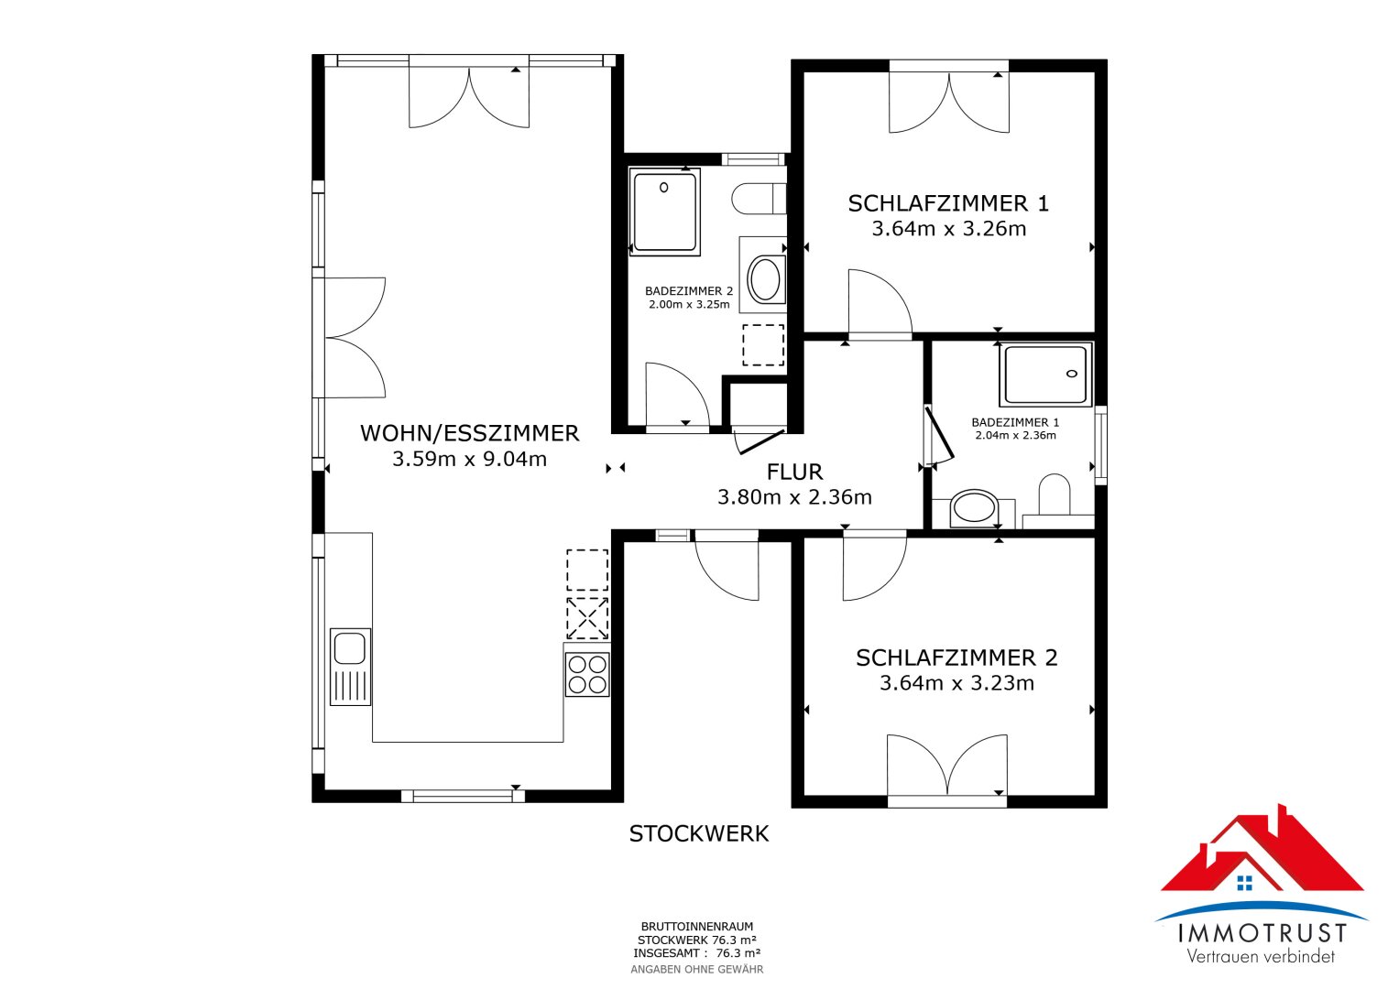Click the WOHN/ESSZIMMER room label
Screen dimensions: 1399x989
[470, 433]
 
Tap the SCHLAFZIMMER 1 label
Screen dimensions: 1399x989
[948, 203]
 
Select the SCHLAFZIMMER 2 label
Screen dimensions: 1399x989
[956, 658]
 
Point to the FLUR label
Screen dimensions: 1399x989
[794, 472]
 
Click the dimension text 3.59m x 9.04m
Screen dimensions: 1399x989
[469, 460]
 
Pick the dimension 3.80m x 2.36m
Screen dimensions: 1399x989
[794, 497]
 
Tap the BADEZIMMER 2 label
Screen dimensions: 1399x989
[689, 291]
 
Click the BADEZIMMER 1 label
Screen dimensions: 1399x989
[1015, 423]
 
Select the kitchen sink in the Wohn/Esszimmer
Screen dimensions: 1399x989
[350, 667]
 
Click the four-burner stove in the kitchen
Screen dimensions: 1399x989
[587, 674]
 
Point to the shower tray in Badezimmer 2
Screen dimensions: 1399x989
[664, 212]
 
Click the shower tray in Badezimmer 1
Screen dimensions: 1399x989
[1045, 374]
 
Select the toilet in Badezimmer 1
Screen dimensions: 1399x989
[1055, 494]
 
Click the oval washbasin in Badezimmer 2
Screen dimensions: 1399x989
[764, 279]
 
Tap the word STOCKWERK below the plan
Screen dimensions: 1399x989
[699, 834]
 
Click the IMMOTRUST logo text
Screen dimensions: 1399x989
[1262, 933]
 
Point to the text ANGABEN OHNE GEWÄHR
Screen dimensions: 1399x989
[697, 970]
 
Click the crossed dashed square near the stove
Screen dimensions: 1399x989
[587, 618]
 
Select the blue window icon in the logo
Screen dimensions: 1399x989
[1245, 883]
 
